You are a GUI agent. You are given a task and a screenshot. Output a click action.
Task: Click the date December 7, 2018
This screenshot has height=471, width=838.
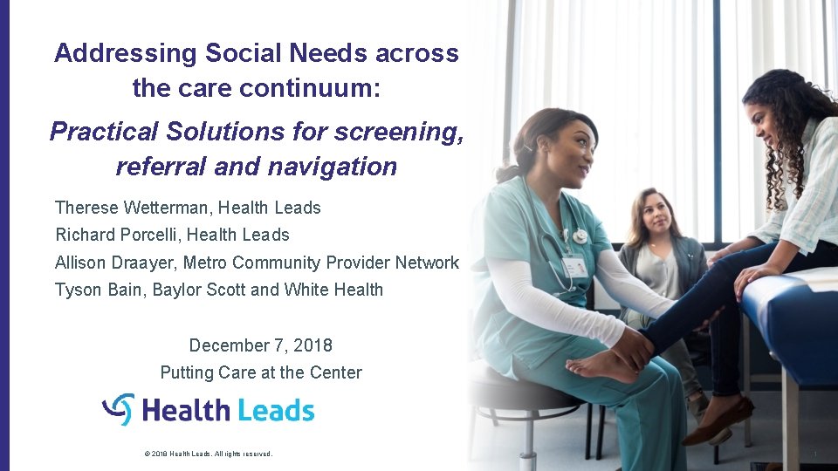(x=260, y=345)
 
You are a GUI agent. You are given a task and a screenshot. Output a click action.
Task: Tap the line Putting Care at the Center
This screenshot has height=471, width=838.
(x=260, y=372)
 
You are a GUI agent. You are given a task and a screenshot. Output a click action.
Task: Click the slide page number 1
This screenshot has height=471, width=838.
(x=814, y=454)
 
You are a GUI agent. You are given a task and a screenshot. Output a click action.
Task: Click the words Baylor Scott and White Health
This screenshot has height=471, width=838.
(x=268, y=290)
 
